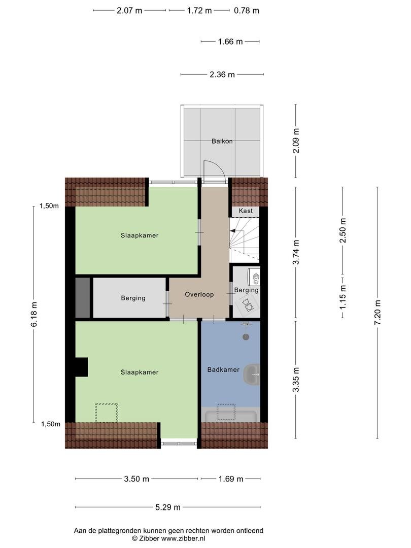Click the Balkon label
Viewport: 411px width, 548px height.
click(x=222, y=141)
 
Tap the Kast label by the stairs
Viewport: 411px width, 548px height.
click(x=246, y=211)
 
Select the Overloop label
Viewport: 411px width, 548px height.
click(x=199, y=294)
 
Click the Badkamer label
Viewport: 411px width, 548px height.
click(x=223, y=369)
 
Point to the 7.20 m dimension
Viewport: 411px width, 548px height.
click(x=378, y=313)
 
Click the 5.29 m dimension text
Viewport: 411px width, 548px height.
click(x=168, y=507)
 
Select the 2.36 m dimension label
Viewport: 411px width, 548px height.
click(x=222, y=75)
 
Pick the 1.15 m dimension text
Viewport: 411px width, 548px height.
click(x=343, y=297)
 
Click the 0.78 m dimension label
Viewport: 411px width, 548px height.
click(x=247, y=11)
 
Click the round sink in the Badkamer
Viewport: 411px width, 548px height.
click(x=252, y=374)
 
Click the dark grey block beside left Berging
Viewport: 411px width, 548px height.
click(x=83, y=298)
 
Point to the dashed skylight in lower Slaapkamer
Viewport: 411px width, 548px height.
click(x=107, y=413)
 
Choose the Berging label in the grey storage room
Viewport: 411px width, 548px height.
click(x=133, y=298)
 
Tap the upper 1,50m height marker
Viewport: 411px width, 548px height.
click(x=49, y=206)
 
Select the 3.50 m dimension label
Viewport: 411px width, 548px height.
click(x=136, y=479)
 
